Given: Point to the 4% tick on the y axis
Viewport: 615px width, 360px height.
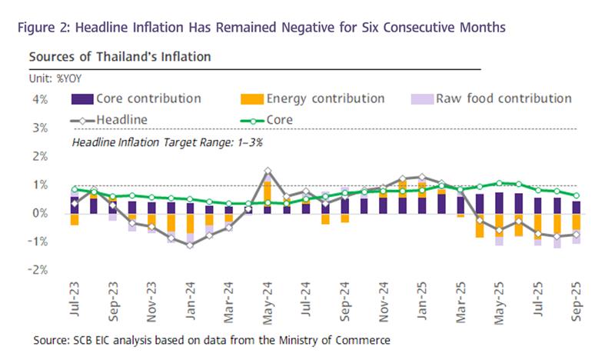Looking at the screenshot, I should [x=40, y=99].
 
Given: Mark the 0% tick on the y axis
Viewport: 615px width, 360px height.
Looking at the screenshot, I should [x=40, y=213].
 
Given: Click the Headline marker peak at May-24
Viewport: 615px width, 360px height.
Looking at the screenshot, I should [x=268, y=171].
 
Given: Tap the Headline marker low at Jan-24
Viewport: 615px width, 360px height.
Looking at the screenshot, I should [x=191, y=245].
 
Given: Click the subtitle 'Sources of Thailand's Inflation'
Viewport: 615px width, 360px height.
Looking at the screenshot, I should [x=120, y=57].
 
